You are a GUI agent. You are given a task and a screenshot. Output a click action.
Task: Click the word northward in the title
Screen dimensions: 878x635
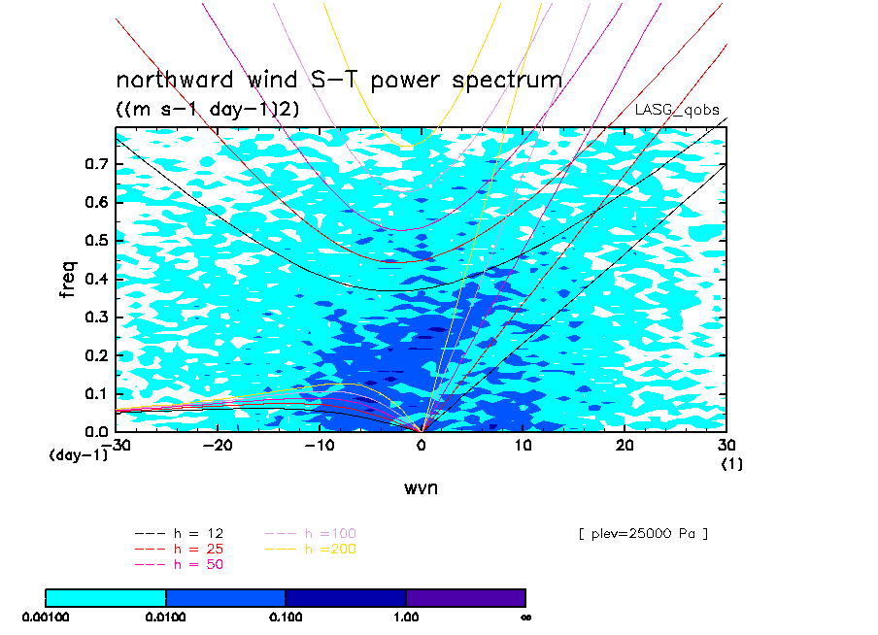174,80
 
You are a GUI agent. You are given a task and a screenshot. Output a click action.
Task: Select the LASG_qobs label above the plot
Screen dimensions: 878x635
677,110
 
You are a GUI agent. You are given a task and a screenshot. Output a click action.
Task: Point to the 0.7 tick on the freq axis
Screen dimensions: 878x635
96,164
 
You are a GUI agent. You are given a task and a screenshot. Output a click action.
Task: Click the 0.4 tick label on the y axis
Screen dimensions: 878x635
96,279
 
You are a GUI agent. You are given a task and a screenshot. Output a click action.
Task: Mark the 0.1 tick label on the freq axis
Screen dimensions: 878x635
96,393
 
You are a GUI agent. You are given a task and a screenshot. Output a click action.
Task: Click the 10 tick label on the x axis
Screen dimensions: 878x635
523,445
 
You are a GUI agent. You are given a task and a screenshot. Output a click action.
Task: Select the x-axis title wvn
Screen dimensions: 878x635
422,488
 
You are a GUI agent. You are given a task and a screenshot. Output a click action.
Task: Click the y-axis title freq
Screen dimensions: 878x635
67,279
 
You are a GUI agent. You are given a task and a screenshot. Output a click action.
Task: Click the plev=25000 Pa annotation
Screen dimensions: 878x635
643,534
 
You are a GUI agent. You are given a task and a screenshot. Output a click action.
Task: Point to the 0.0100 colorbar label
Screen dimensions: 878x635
165,618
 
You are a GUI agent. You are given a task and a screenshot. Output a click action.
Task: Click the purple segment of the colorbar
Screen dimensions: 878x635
466,598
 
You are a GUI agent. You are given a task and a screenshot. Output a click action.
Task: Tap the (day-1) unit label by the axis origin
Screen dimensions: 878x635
79,455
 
